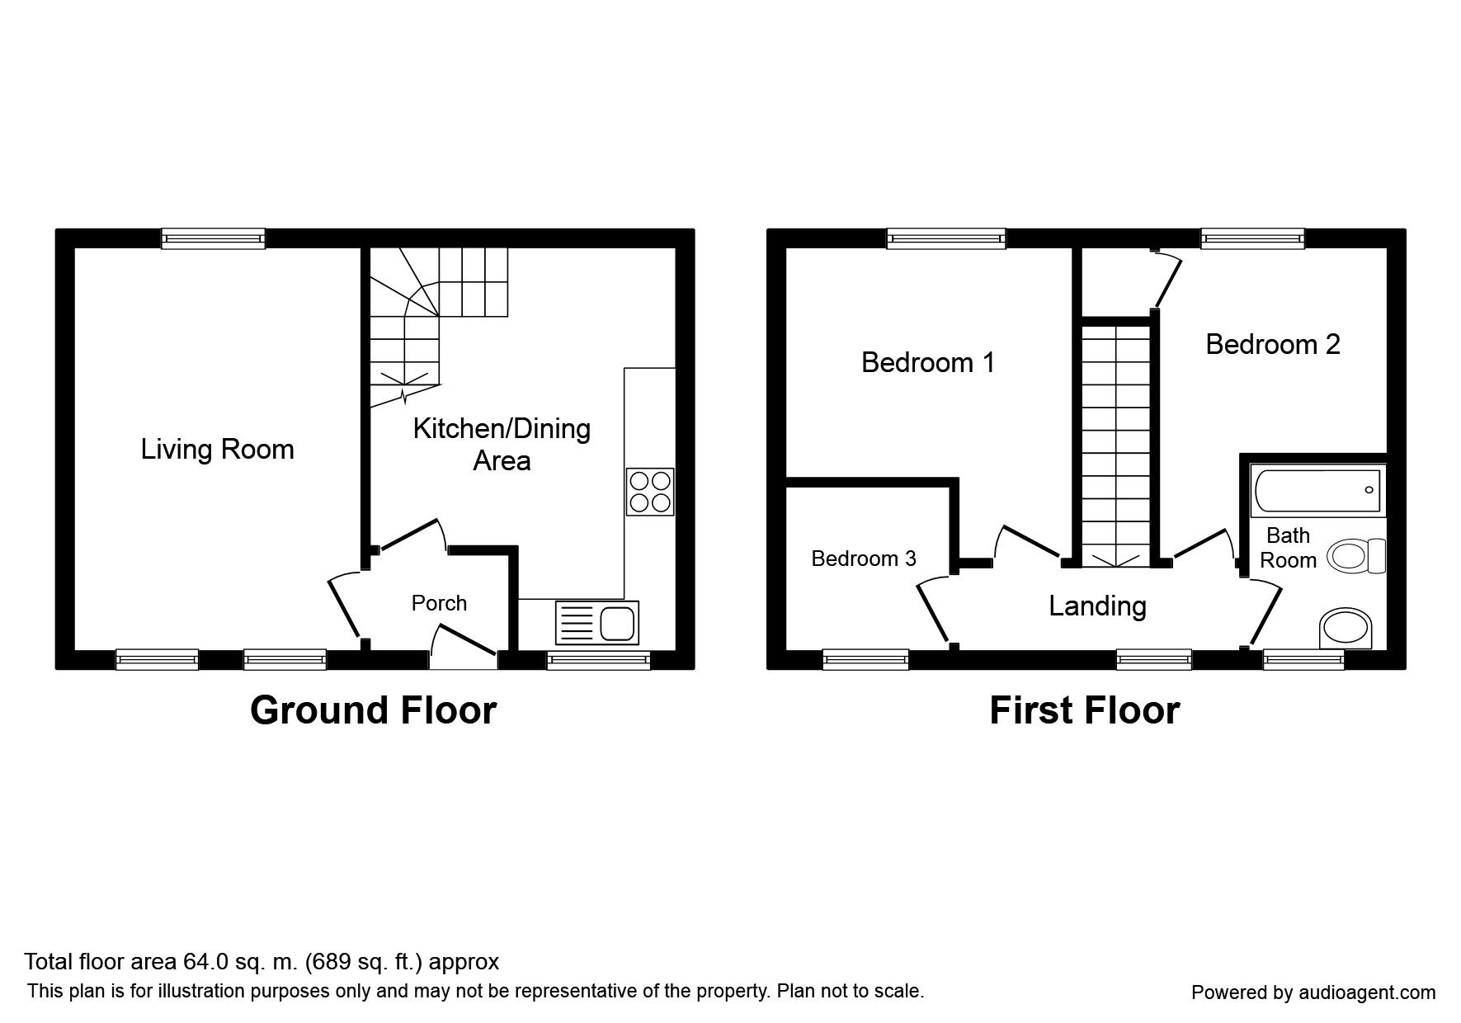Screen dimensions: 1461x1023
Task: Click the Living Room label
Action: pyautogui.click(x=217, y=450)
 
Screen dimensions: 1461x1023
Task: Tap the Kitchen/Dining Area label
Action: pyautogui.click(x=502, y=445)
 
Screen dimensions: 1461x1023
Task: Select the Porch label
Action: pyautogui.click(x=439, y=603)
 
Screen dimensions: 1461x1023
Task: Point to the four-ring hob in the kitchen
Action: pyautogui.click(x=650, y=493)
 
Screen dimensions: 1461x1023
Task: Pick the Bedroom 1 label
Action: pyautogui.click(x=928, y=362)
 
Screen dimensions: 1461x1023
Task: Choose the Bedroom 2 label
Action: pyautogui.click(x=1273, y=344)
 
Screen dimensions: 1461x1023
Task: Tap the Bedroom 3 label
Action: pyautogui.click(x=864, y=559)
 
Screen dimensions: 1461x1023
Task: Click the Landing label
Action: pyautogui.click(x=1097, y=606)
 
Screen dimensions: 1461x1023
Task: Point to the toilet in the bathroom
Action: pyautogui.click(x=1356, y=555)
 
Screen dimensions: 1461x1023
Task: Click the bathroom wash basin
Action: pyautogui.click(x=1346, y=629)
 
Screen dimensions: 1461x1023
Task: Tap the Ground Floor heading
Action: pyautogui.click(x=373, y=710)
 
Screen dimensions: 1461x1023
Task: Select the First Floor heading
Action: pyautogui.click(x=1085, y=710)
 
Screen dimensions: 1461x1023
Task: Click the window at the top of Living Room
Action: pyautogui.click(x=214, y=238)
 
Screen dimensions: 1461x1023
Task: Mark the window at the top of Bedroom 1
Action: pyautogui.click(x=947, y=238)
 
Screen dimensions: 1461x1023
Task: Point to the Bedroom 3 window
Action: pyautogui.click(x=866, y=659)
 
